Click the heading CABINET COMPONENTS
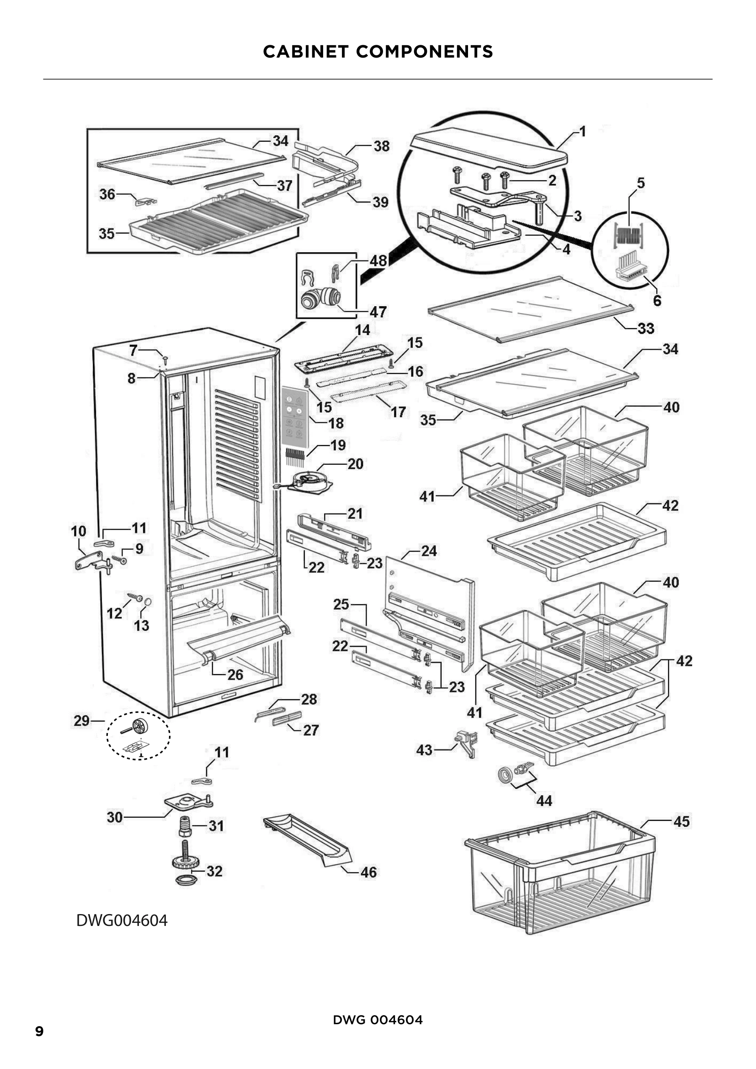(378, 51)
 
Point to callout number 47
(378, 312)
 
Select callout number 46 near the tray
(368, 872)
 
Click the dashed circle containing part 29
(138, 735)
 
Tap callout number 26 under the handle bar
(235, 675)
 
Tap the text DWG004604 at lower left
(122, 920)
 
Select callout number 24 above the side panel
(429, 551)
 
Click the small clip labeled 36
(145, 202)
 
